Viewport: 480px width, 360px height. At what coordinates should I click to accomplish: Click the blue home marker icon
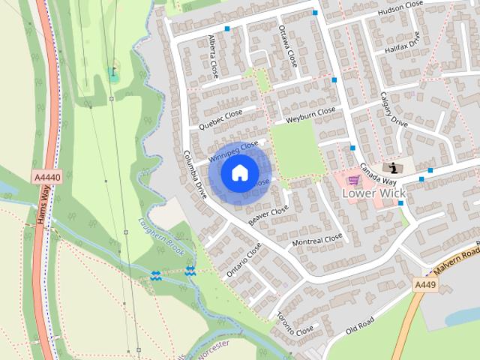[239, 173]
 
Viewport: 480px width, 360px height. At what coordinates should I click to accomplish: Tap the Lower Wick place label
[373, 193]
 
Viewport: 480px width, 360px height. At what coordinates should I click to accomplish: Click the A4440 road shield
[46, 177]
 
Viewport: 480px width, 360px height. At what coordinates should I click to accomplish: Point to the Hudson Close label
[399, 8]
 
